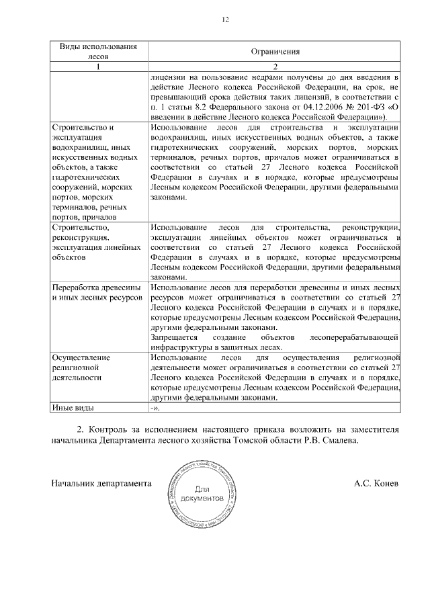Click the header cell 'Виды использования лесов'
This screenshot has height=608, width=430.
99,52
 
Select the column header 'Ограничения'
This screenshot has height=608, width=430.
275,52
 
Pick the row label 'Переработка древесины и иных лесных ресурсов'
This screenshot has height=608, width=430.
97,292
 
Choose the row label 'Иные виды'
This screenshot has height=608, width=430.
73,408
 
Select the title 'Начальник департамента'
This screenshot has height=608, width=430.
101,484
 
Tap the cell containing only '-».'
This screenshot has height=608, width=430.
155,408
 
